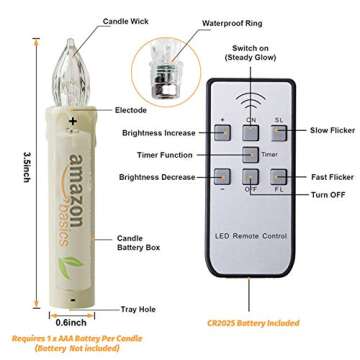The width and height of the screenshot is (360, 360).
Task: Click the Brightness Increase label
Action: tap(158, 132)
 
